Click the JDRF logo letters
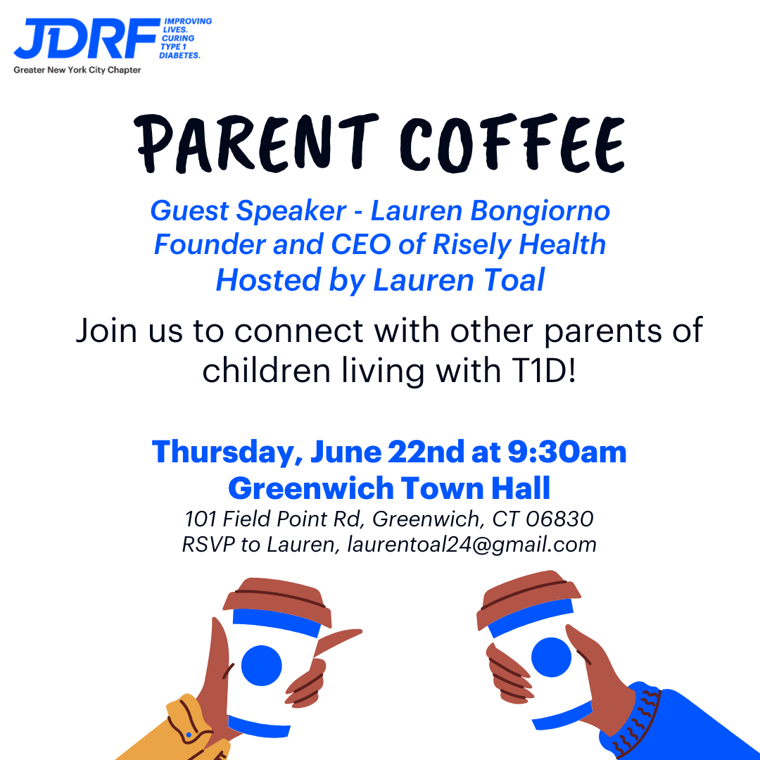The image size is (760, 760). [x=87, y=38]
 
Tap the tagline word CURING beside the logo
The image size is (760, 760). [x=178, y=38]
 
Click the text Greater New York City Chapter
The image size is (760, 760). [x=77, y=70]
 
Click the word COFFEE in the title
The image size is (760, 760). [x=512, y=144]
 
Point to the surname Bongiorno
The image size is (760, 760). [x=540, y=212]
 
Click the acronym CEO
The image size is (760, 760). [x=360, y=243]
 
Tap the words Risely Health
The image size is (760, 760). [x=519, y=245]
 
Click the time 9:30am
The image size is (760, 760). [x=567, y=452]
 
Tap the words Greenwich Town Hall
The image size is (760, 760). [x=389, y=488]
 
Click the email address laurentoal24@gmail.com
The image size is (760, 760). [x=471, y=544]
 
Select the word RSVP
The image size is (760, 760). [x=208, y=544]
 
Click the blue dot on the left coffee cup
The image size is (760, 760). [x=262, y=666]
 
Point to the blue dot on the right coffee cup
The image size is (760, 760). [x=551, y=657]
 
